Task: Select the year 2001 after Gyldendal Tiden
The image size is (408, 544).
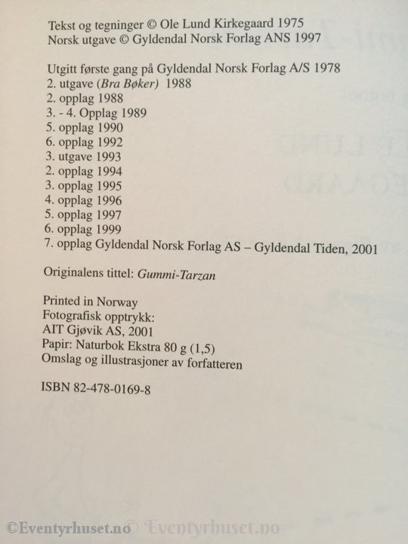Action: click(x=363, y=248)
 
